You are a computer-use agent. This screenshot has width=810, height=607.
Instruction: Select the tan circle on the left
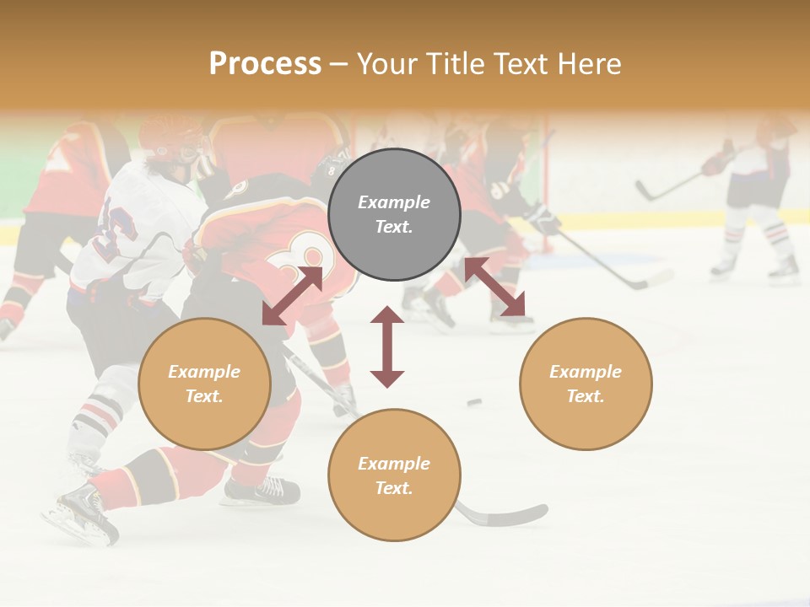pyautogui.click(x=204, y=384)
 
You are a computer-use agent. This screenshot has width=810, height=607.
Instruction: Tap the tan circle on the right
pyautogui.click(x=586, y=384)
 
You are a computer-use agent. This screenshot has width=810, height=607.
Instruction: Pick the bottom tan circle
pyautogui.click(x=394, y=475)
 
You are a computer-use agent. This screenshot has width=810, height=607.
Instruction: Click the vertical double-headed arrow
pyautogui.click(x=387, y=346)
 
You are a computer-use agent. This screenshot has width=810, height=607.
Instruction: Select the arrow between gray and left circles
pyautogui.click(x=293, y=295)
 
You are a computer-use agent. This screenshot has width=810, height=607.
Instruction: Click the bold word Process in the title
pyautogui.click(x=265, y=63)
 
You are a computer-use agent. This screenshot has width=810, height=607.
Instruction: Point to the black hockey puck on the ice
pyautogui.click(x=474, y=402)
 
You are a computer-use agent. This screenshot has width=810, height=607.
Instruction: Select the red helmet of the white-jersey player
pyautogui.click(x=169, y=135)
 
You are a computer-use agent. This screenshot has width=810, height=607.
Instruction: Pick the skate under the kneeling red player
pyautogui.click(x=262, y=490)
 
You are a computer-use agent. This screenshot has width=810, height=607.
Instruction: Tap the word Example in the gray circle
pyautogui.click(x=394, y=202)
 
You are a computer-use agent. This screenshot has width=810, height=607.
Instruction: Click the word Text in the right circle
pyautogui.click(x=586, y=396)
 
